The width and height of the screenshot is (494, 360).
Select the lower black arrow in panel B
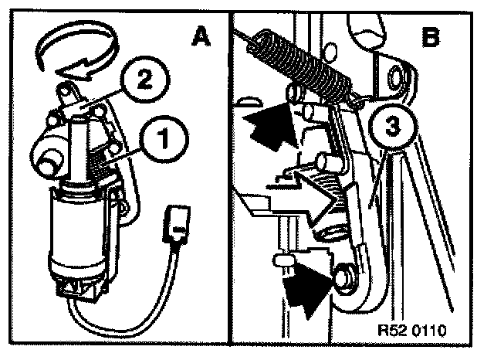305,289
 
